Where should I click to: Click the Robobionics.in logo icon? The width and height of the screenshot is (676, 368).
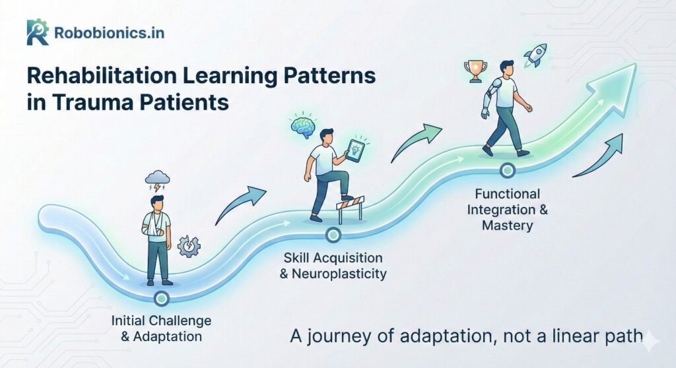coord(38,32)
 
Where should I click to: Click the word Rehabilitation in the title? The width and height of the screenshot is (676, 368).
coord(102,76)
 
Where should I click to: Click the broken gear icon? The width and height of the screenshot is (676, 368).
coord(189,247)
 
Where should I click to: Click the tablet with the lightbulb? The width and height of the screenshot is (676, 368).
coord(355,150)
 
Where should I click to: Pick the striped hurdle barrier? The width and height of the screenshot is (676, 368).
coord(351,208)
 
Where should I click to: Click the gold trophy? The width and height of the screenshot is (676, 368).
coord(475,71)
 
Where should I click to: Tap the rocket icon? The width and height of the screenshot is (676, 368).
coord(535,55)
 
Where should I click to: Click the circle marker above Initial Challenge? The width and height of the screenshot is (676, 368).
coord(161,297)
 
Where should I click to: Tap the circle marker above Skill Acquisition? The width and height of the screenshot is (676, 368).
coord(333,235)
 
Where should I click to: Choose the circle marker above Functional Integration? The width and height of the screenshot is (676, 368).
coord(508,170)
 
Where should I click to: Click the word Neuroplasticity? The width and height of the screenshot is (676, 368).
coord(339,274)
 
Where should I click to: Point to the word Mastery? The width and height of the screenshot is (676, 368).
coord(508,226)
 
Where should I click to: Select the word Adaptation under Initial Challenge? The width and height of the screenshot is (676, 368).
coord(167,336)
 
